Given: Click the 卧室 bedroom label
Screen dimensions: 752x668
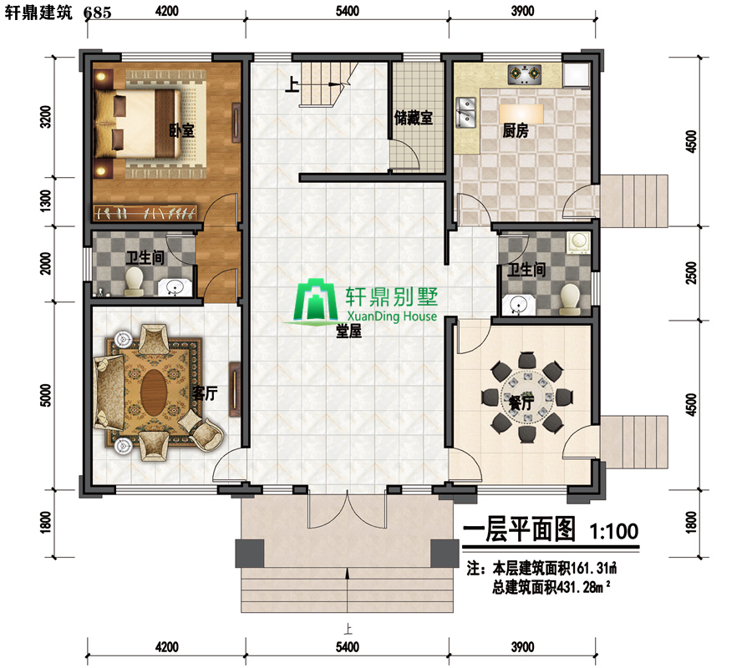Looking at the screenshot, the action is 182,130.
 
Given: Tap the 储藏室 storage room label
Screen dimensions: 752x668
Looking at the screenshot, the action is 414,118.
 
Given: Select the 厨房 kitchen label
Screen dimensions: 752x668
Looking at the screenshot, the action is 516,130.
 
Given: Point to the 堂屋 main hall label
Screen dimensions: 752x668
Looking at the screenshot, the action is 348,331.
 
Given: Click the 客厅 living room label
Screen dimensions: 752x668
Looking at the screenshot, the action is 205,393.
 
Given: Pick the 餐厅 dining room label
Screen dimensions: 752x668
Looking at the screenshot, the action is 521,402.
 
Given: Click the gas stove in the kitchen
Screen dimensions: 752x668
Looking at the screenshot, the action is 525,75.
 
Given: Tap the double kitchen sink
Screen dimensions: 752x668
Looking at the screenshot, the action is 465,112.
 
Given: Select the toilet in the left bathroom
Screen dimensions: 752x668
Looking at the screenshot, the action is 134,281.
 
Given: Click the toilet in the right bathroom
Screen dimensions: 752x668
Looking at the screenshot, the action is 570,300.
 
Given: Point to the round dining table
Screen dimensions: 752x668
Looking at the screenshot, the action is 526,397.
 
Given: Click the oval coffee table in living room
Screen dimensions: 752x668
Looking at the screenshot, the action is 154,392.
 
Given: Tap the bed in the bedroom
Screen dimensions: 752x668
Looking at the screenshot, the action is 138,124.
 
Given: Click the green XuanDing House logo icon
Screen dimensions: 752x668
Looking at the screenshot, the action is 316,300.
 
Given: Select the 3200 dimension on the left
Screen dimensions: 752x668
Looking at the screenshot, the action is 46,117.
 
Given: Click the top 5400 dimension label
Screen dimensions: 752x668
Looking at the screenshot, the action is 348,11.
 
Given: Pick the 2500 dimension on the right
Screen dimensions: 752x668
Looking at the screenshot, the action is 691,273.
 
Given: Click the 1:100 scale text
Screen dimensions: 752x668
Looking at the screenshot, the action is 614,531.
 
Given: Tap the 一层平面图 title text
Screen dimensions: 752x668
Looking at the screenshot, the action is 519,529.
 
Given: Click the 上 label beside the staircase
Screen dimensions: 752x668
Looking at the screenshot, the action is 292,85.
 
